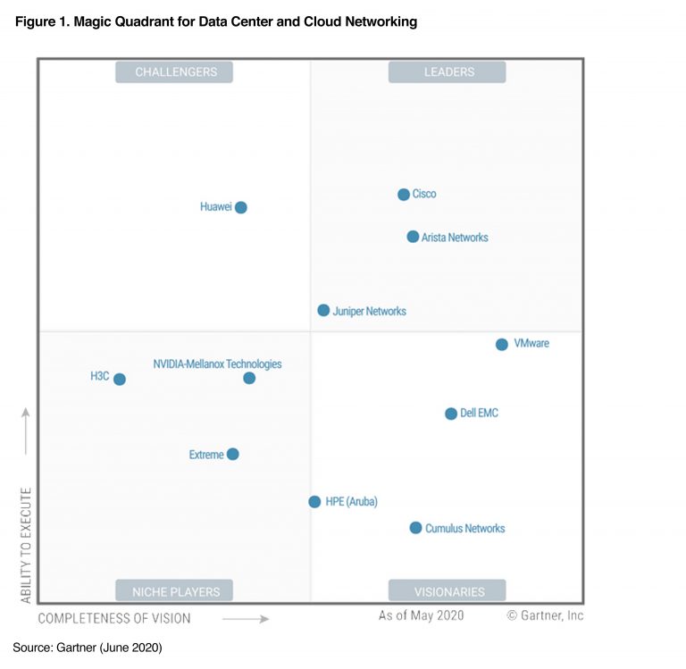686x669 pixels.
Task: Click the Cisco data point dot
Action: pos(404,195)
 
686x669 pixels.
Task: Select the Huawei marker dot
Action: pos(240,207)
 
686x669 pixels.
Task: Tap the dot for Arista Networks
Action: pos(413,237)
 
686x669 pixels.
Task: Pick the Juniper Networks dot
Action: pos(323,310)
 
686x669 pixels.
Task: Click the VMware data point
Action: pos(502,344)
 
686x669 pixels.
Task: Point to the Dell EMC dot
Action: pos(451,414)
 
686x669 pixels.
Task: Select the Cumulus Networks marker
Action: pos(415,528)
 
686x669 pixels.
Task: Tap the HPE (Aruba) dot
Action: pos(314,502)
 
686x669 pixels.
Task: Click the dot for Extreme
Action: pos(233,454)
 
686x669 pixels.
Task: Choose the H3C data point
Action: pos(120,379)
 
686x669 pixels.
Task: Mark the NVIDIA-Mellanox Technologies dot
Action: pos(249,378)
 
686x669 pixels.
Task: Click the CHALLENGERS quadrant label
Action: pos(174,72)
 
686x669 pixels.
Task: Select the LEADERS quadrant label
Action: pos(447,72)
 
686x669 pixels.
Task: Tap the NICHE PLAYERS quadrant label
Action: pos(174,590)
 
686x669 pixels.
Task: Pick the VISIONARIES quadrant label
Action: pos(447,590)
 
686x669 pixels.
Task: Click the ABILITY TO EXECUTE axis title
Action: pos(26,544)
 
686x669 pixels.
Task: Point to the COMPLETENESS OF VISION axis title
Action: pos(114,618)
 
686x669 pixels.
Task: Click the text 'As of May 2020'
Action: pos(421,615)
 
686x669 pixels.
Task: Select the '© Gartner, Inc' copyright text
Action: pos(545,615)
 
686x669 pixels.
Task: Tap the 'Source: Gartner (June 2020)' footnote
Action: pos(88,646)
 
